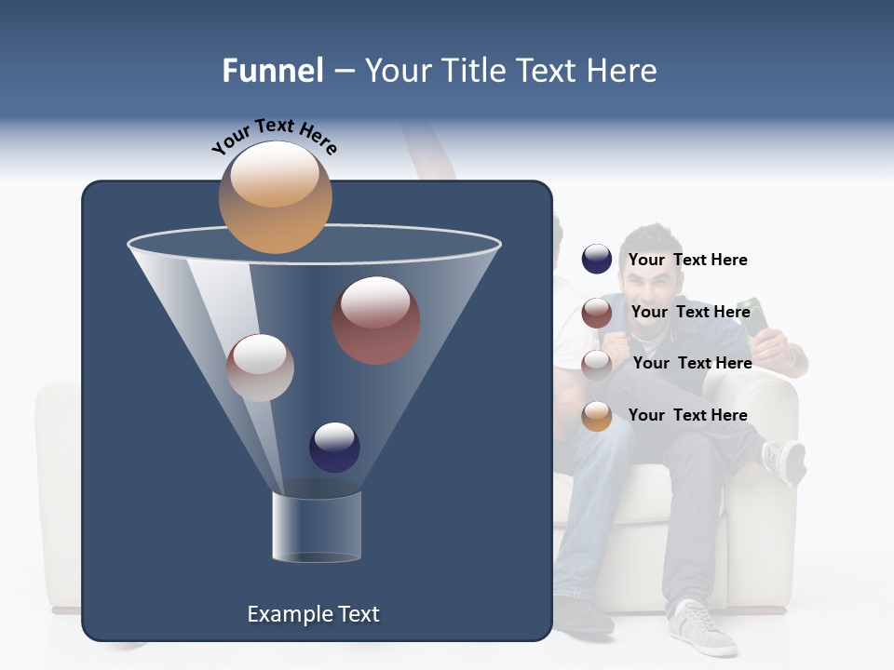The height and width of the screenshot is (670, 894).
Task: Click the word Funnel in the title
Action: coord(273,71)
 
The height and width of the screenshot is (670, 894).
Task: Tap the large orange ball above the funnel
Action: coord(275,196)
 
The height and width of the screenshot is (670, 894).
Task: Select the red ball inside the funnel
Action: coord(376,320)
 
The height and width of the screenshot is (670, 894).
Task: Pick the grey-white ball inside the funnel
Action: coord(260,368)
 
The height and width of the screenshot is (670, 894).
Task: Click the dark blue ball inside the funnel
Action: coord(334,448)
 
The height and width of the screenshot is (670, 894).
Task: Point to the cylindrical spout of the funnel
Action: coord(317,525)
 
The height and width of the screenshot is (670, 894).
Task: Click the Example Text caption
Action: coord(314,614)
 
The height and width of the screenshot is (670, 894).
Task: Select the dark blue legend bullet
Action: coord(597,260)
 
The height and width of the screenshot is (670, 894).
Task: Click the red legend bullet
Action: coord(597,313)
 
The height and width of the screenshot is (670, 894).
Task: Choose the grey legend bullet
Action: coord(597,364)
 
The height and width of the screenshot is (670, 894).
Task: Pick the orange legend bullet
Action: coord(597,416)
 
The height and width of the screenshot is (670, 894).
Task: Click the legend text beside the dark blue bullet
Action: coord(688,261)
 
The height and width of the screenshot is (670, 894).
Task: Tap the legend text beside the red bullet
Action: coord(691,313)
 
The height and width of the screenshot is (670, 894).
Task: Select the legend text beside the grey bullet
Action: coord(693,364)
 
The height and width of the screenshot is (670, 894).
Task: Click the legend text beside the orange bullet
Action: coord(688,416)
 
